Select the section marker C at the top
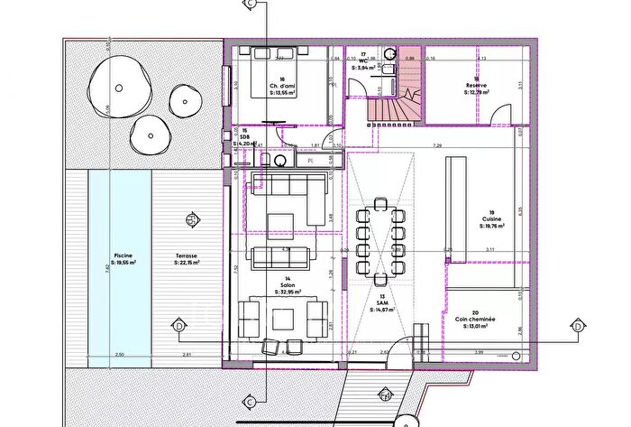click(x=250, y=5)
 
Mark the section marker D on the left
click(x=178, y=325)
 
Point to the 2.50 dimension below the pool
click(x=120, y=355)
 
